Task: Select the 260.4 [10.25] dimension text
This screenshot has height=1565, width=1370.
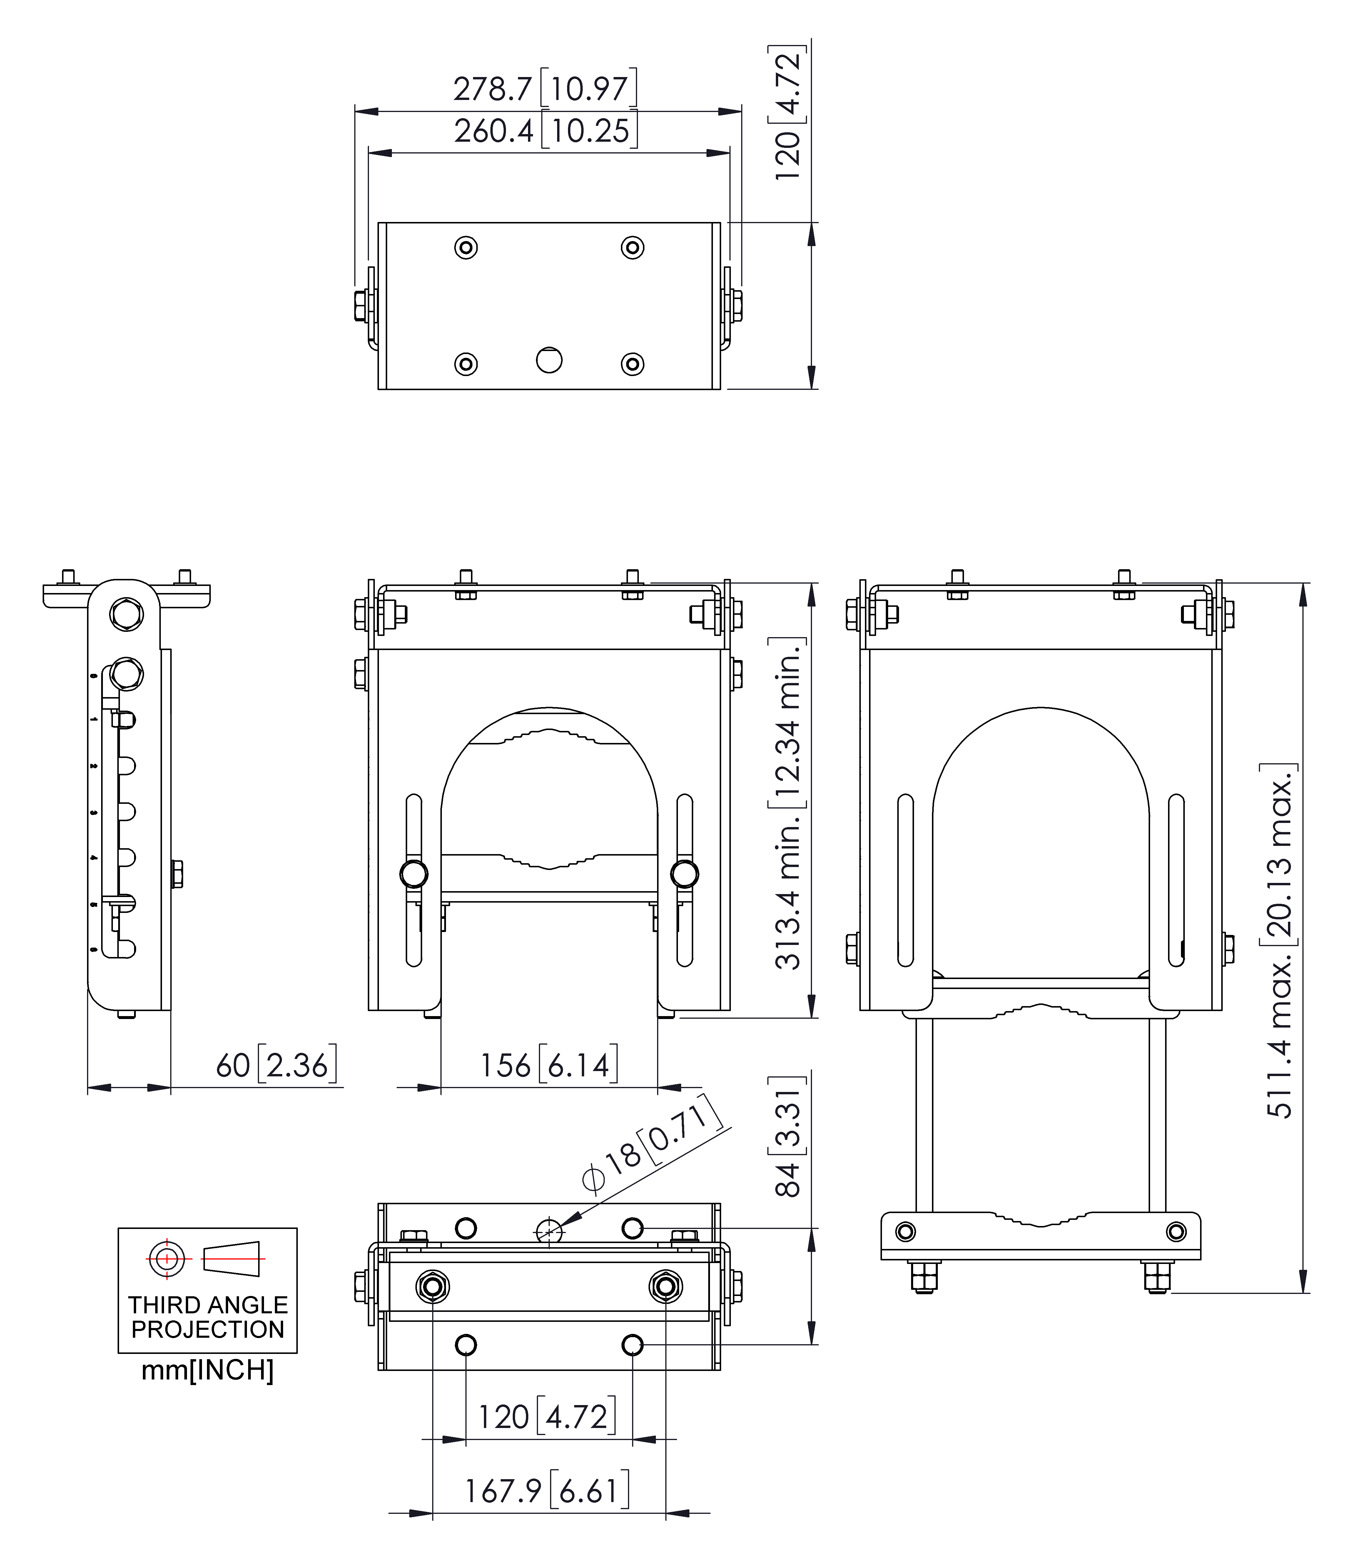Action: [x=545, y=131]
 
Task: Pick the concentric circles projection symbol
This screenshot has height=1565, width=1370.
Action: [x=167, y=1258]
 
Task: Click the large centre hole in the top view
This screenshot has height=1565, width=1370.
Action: [x=549, y=359]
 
